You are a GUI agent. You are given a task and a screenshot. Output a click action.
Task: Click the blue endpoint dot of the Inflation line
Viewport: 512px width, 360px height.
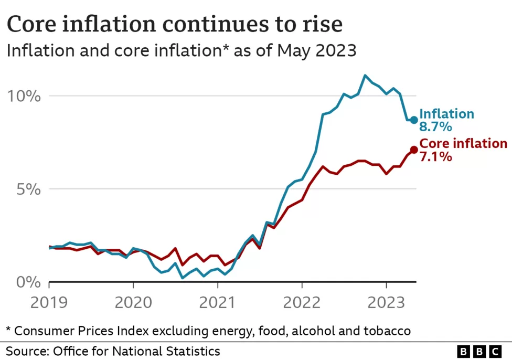click(x=413, y=120)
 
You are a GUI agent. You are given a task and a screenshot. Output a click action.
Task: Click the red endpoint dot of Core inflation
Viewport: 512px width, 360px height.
click(x=413, y=150)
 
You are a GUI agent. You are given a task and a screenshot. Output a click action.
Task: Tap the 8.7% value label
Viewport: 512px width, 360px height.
click(x=435, y=127)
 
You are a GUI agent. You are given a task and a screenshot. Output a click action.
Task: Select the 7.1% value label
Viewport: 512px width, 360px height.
click(x=435, y=156)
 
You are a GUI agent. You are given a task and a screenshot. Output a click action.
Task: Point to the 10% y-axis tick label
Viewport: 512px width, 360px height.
click(x=23, y=96)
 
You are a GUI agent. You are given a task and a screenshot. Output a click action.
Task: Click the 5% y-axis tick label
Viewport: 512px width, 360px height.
click(x=27, y=189)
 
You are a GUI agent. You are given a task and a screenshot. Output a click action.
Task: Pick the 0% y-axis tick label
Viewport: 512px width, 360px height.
click(x=27, y=282)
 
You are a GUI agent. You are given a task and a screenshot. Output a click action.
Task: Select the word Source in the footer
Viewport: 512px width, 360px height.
click(x=26, y=351)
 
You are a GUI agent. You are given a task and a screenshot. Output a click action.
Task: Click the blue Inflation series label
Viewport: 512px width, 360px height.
click(x=446, y=114)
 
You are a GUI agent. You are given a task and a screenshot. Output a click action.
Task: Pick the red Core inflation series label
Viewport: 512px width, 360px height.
click(x=463, y=144)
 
